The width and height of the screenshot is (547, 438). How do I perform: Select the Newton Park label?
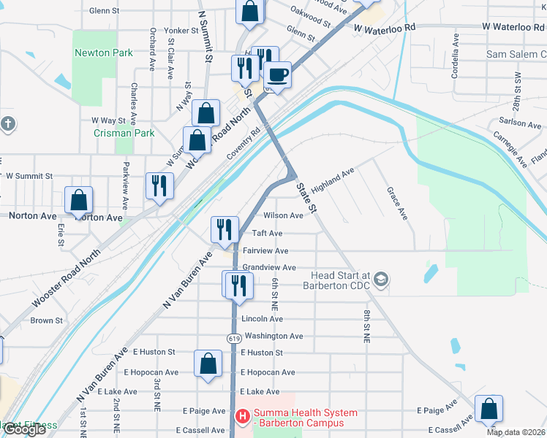coord(103,53)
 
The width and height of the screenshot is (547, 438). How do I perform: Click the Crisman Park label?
coord(124,133)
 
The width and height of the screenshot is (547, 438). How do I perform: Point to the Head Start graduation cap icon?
coord(380,280)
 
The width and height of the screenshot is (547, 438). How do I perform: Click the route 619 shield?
coord(233,338)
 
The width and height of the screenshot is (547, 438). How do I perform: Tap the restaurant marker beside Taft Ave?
coord(225,229)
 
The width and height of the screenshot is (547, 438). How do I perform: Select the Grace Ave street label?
coord(397,202)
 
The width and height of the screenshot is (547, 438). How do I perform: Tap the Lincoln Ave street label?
coord(262,319)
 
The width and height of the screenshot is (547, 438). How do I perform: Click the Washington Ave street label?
coord(273,336)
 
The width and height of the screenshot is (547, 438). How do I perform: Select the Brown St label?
coord(46,320)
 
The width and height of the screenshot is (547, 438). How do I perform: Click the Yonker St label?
coord(181,31)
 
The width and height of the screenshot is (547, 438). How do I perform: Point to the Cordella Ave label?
coord(455,64)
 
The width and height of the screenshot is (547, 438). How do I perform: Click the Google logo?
coord(24,430)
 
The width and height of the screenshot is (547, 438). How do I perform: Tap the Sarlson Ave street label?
coord(521,124)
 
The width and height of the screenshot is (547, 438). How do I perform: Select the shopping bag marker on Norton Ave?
coord(78,201)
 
